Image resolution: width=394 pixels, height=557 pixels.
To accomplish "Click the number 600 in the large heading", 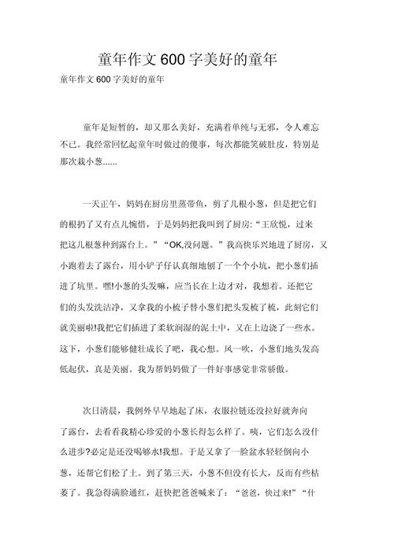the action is pyautogui.click(x=172, y=60).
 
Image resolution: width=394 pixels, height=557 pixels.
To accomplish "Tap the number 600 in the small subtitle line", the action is pyautogui.click(x=109, y=80).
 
